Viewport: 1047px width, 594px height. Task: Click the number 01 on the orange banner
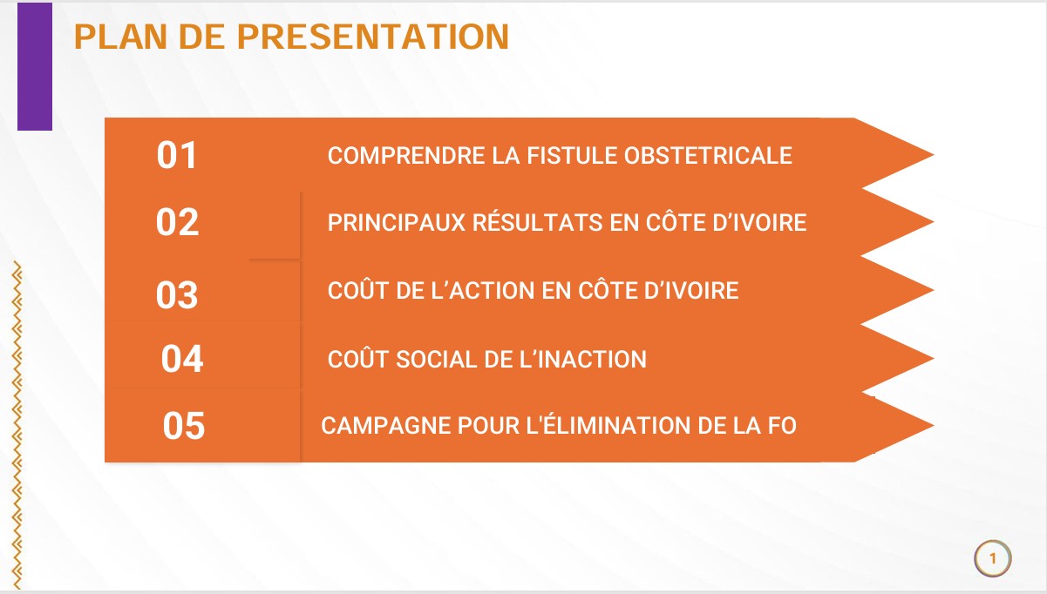(x=176, y=155)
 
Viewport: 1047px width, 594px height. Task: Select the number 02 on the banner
(x=177, y=222)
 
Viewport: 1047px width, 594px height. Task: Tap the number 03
(x=177, y=294)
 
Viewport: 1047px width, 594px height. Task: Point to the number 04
(x=182, y=359)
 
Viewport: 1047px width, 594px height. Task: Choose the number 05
(x=184, y=425)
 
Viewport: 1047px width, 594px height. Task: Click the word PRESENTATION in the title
(x=373, y=37)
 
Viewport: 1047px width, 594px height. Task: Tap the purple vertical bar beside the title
(x=35, y=66)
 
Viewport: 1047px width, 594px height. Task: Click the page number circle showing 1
(x=992, y=558)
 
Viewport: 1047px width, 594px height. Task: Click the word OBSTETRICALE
(x=708, y=156)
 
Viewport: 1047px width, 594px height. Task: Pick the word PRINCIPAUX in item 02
(x=397, y=222)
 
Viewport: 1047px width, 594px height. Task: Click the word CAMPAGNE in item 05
(x=385, y=425)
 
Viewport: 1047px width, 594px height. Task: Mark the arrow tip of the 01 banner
(x=934, y=155)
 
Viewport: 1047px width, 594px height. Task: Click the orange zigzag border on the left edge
(x=17, y=425)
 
